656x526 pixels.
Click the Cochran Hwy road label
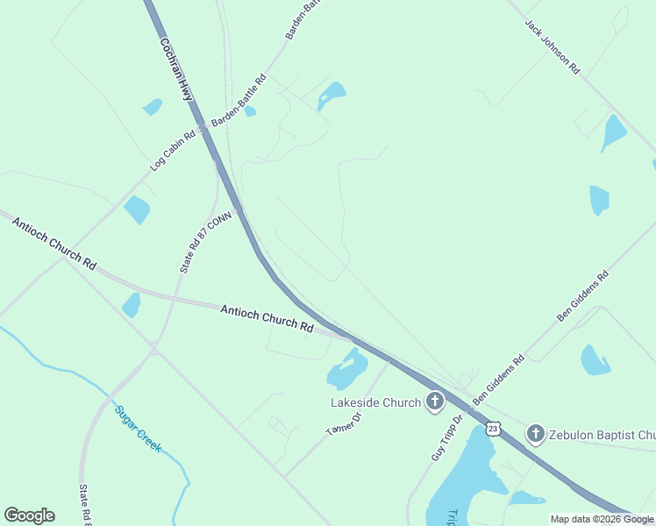(x=176, y=68)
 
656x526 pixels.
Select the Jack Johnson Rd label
(x=553, y=46)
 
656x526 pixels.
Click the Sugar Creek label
(x=138, y=428)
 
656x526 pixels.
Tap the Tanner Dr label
(x=343, y=423)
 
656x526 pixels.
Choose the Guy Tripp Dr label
(x=446, y=438)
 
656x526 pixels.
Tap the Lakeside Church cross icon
(x=433, y=402)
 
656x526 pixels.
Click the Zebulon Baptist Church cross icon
(x=535, y=433)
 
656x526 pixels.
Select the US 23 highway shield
(x=494, y=428)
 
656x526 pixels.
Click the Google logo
(x=29, y=515)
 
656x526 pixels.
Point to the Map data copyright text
(x=602, y=519)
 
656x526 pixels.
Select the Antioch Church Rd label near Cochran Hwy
(x=267, y=317)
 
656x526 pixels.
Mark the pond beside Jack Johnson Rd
(x=613, y=132)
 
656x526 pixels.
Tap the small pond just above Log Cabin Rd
(x=152, y=107)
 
